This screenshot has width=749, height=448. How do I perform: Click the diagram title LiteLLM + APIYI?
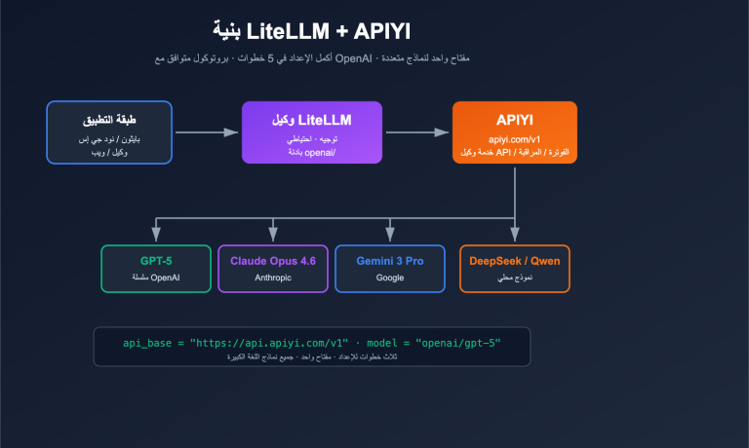pos(311,30)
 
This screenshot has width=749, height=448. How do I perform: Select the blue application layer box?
pos(109,132)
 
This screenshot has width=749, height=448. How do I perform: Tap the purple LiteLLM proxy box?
pos(296,132)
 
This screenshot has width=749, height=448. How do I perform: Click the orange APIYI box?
pos(514,132)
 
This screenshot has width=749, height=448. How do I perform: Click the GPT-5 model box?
pos(156,269)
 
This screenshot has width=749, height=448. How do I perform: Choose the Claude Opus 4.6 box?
pos(273,269)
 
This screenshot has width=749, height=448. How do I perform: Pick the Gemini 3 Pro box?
pos(390,269)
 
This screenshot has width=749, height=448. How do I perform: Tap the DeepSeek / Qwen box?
pos(515,269)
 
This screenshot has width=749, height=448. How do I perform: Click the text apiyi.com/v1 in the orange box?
pos(514,140)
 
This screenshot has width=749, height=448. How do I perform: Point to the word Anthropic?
pos(273,279)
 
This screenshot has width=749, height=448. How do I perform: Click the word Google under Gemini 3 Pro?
pos(390,279)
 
